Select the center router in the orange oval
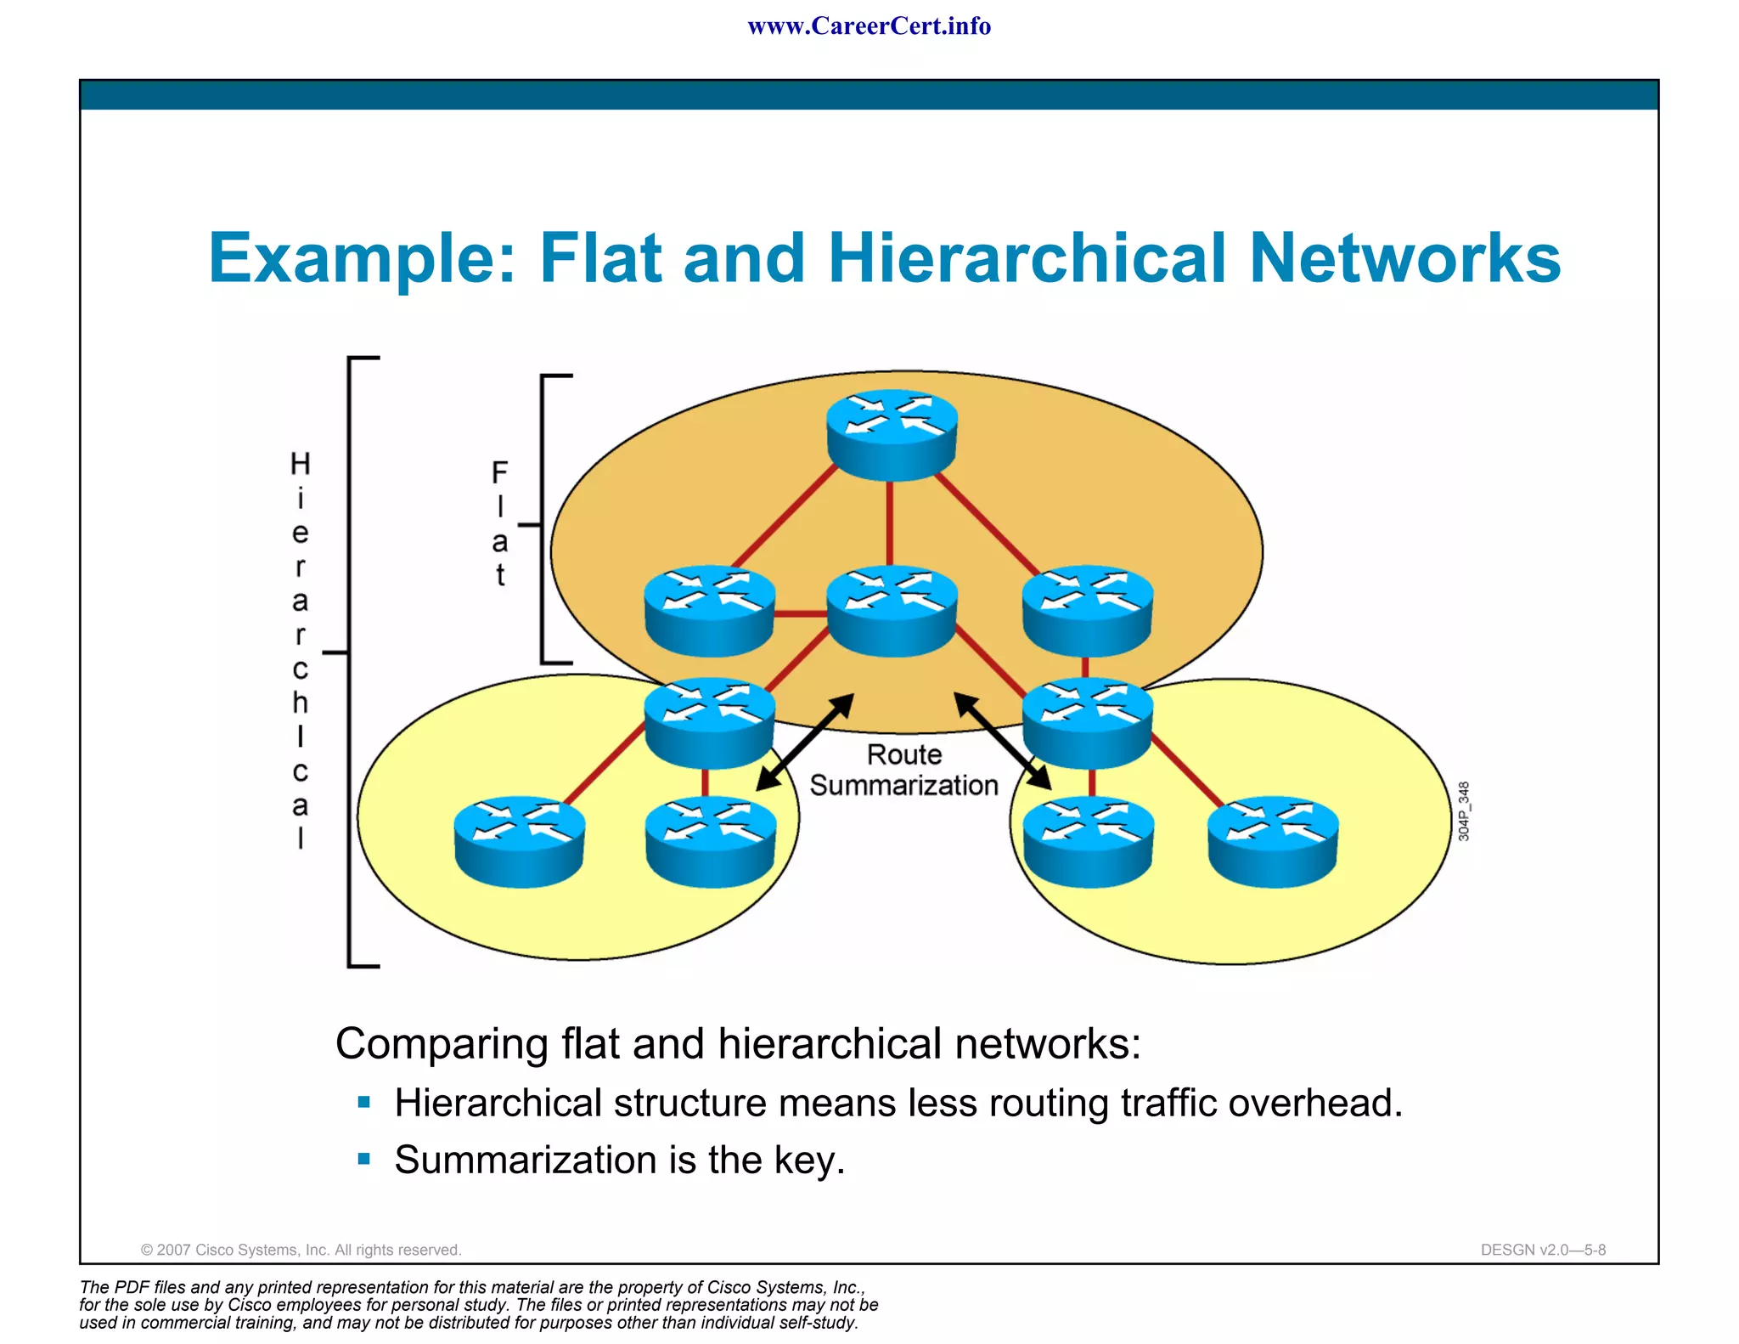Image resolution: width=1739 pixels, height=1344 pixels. (x=892, y=610)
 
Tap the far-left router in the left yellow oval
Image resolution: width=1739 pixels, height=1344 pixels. (x=520, y=841)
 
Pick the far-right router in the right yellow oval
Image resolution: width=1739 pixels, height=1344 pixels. (x=1272, y=841)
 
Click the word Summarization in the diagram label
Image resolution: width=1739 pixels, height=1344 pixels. (x=903, y=786)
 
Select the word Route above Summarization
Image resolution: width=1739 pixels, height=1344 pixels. (x=903, y=754)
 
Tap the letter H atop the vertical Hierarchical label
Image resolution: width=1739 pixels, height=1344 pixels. (x=300, y=464)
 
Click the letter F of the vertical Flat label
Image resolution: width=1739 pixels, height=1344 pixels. (x=499, y=472)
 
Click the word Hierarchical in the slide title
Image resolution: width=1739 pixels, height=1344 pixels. (x=1028, y=258)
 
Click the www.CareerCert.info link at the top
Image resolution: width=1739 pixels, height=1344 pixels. (x=869, y=26)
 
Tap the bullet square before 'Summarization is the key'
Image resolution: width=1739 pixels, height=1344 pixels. (x=364, y=1159)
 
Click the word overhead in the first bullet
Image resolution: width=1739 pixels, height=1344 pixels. (x=1314, y=1103)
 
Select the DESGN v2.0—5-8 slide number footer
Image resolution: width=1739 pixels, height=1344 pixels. (x=1542, y=1250)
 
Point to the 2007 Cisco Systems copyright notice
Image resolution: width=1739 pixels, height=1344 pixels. (x=301, y=1250)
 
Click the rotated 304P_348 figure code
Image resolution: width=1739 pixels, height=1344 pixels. (x=1463, y=811)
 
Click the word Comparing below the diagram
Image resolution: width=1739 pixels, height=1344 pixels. (x=442, y=1043)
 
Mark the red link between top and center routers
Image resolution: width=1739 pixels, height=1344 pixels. (x=889, y=522)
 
